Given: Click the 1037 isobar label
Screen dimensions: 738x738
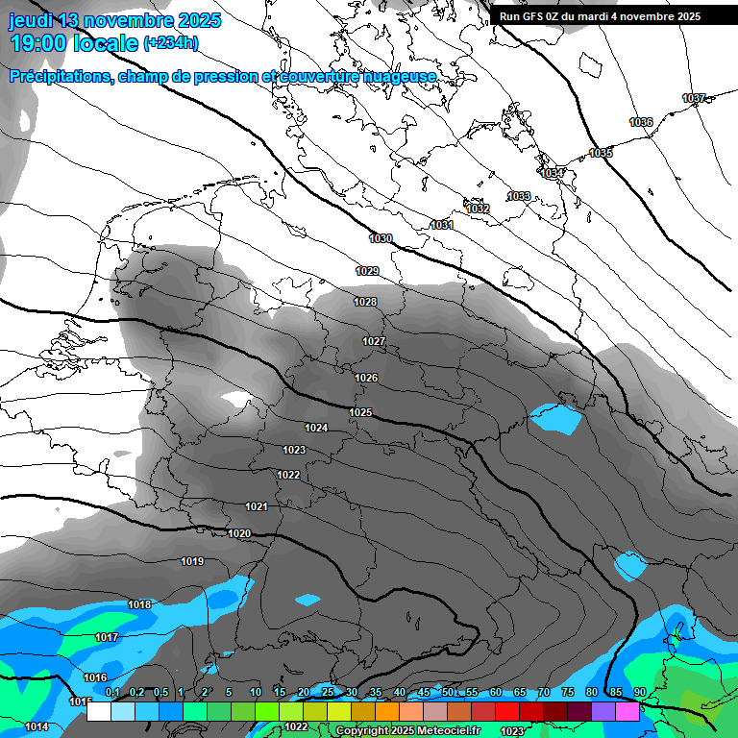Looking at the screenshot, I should coord(694,98).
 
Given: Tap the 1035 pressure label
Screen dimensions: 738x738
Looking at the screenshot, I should coord(601,153).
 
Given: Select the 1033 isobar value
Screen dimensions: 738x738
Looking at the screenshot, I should coord(519,196).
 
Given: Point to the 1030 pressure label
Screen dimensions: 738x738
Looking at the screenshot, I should coord(381,238).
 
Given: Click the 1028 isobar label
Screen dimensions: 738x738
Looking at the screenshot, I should coord(365,302).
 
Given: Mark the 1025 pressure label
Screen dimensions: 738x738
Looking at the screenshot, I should coord(360,412).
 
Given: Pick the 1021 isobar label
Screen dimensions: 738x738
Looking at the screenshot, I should coord(257,506).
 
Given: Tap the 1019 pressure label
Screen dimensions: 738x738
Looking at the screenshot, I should coord(192,561).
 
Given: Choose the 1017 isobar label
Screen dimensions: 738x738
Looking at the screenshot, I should coord(107,637).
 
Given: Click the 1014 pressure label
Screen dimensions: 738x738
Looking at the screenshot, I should coord(37,726).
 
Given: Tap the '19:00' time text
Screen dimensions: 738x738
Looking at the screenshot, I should coord(37,43).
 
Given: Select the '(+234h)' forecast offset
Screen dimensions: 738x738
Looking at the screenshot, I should coord(170,43).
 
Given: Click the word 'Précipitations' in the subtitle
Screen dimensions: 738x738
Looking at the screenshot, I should coord(60,76).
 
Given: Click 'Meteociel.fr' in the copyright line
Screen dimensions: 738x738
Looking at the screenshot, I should coord(447,730).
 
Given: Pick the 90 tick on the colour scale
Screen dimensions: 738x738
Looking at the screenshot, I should coord(639,692).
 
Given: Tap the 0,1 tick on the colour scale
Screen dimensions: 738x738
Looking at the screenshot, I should coord(112,692).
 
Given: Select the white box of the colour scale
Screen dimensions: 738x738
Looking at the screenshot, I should coord(99,712).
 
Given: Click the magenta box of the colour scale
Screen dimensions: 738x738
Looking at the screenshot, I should coord(627,712).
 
